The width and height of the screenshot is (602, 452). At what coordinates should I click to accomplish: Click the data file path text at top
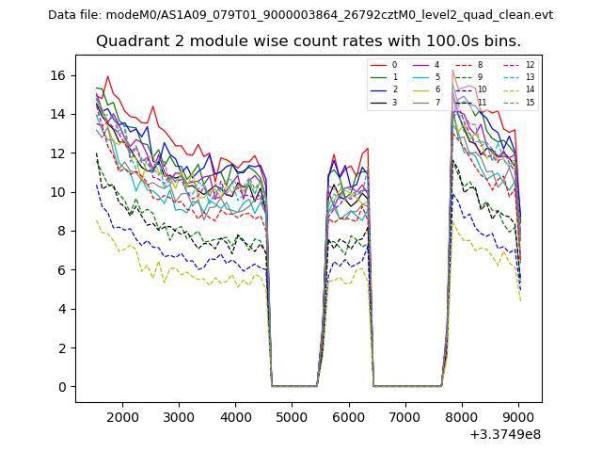(x=300, y=15)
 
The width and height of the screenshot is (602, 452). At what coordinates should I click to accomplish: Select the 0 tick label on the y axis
(x=63, y=387)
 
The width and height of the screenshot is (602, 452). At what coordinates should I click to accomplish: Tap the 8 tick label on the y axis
(x=63, y=231)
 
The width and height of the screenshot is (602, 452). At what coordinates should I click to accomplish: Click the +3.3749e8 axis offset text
(x=505, y=434)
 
